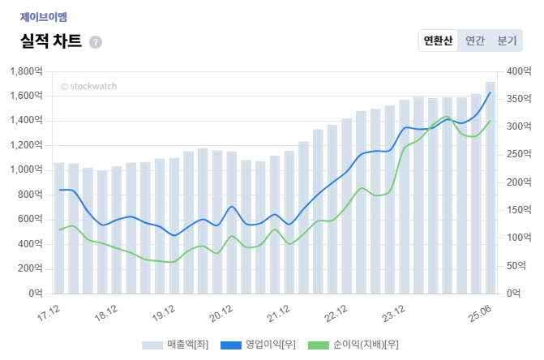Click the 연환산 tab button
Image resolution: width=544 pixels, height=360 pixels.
[439, 41]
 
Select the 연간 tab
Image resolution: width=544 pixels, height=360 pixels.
[475, 41]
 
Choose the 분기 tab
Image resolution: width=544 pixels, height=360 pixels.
[507, 41]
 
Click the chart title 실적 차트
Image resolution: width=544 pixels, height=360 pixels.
[50, 41]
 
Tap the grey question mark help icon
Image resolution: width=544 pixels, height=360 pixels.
[96, 42]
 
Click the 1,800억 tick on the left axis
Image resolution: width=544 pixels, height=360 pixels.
[27, 71]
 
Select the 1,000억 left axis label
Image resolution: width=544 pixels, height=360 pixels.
[27, 169]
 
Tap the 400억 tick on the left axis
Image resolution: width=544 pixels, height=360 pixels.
[31, 243]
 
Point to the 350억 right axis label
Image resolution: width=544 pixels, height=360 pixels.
[515, 100]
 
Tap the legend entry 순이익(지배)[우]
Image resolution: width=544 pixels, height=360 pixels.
[353, 345]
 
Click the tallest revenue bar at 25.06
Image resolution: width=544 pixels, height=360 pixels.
[490, 186]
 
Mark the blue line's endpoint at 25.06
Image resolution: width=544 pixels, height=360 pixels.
[490, 92]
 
